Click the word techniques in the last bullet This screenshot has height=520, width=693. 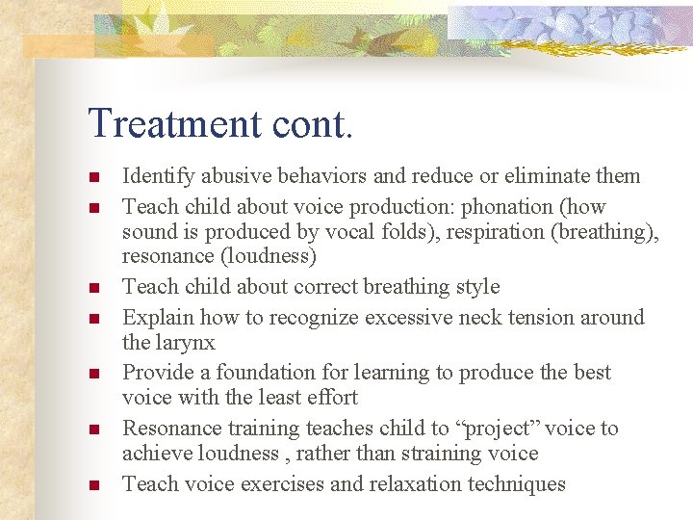(x=517, y=484)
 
